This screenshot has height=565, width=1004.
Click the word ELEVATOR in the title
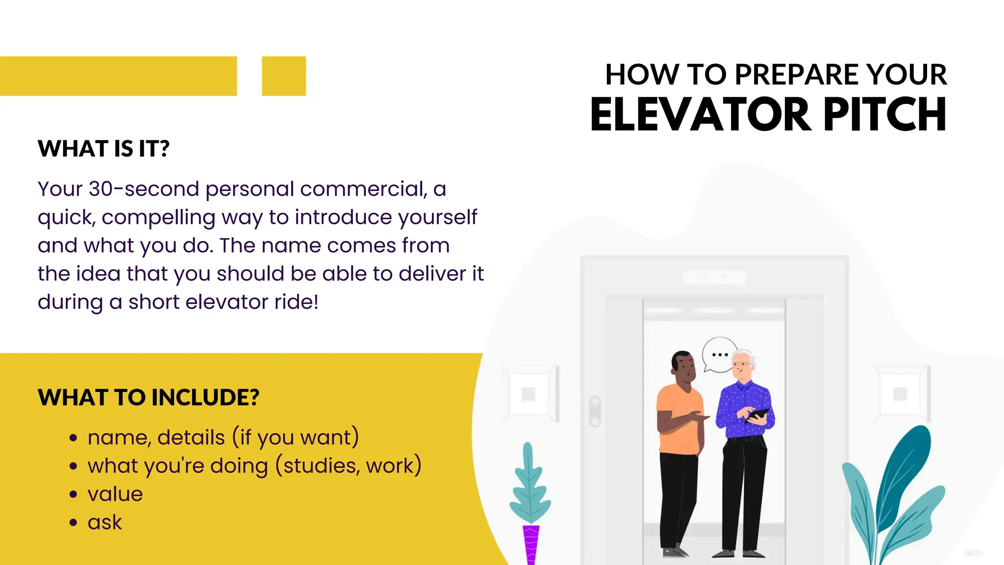point(701,115)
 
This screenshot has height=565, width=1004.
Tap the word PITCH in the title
point(885,115)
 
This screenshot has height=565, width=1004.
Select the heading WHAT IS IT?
point(103,149)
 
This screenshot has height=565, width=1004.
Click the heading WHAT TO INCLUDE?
point(148,397)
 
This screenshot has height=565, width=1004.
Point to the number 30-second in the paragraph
point(144,189)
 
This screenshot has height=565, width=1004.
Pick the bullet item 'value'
point(115,494)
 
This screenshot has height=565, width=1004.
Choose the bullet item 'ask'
point(104,522)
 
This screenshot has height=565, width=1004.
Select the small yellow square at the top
point(284,76)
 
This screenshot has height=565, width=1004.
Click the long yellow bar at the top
point(118,76)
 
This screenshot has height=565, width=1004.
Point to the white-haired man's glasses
point(739,364)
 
